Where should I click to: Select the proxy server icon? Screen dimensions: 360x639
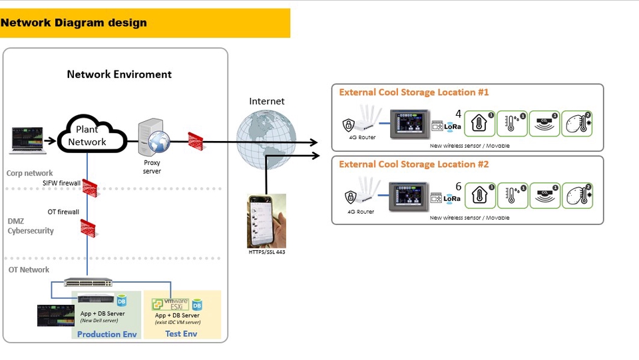pos(154,139)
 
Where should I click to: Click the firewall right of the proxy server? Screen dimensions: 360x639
pos(196,140)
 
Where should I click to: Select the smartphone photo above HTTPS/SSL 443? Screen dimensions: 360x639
pos(266,221)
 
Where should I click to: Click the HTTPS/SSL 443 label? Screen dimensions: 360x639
pos(266,254)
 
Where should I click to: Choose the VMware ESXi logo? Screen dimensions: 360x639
pos(170,304)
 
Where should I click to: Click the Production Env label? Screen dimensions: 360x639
pos(106,333)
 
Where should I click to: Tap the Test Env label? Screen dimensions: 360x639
pos(181,333)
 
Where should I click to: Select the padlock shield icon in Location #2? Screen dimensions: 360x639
pos(349,196)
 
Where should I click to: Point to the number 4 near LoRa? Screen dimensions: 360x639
pos(458,113)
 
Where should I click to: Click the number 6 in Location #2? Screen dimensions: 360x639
pos(458,187)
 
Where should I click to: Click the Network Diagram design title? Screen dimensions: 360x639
pos(74,23)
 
